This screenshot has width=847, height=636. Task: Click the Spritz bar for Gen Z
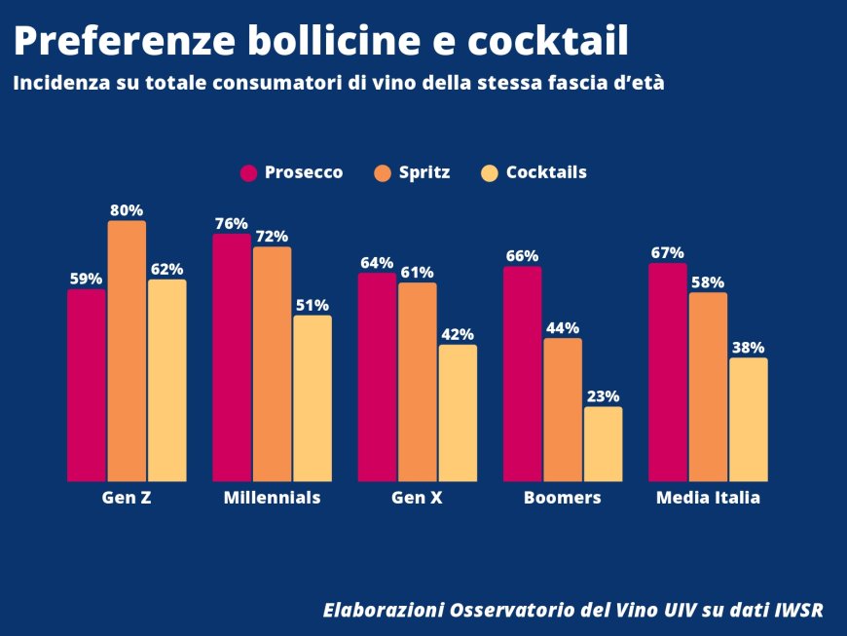pyautogui.click(x=127, y=351)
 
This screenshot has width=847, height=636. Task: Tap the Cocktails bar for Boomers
pyautogui.click(x=603, y=444)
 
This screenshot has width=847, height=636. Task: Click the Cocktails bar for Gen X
pyautogui.click(x=458, y=413)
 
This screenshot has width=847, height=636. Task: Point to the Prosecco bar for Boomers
pyautogui.click(x=522, y=374)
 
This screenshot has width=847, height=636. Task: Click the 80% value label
pyautogui.click(x=127, y=209)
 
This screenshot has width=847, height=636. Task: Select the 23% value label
pyautogui.click(x=603, y=396)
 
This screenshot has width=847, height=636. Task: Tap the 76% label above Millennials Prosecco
pyautogui.click(x=232, y=223)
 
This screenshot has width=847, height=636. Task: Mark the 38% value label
pyautogui.click(x=748, y=348)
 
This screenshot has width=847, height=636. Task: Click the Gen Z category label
pyautogui.click(x=127, y=498)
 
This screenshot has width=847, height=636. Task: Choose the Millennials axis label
pyautogui.click(x=272, y=498)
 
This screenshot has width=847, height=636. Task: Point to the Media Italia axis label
pyautogui.click(x=708, y=498)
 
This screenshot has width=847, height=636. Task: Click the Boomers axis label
pyautogui.click(x=562, y=498)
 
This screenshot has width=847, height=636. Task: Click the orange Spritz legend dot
pyautogui.click(x=382, y=173)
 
